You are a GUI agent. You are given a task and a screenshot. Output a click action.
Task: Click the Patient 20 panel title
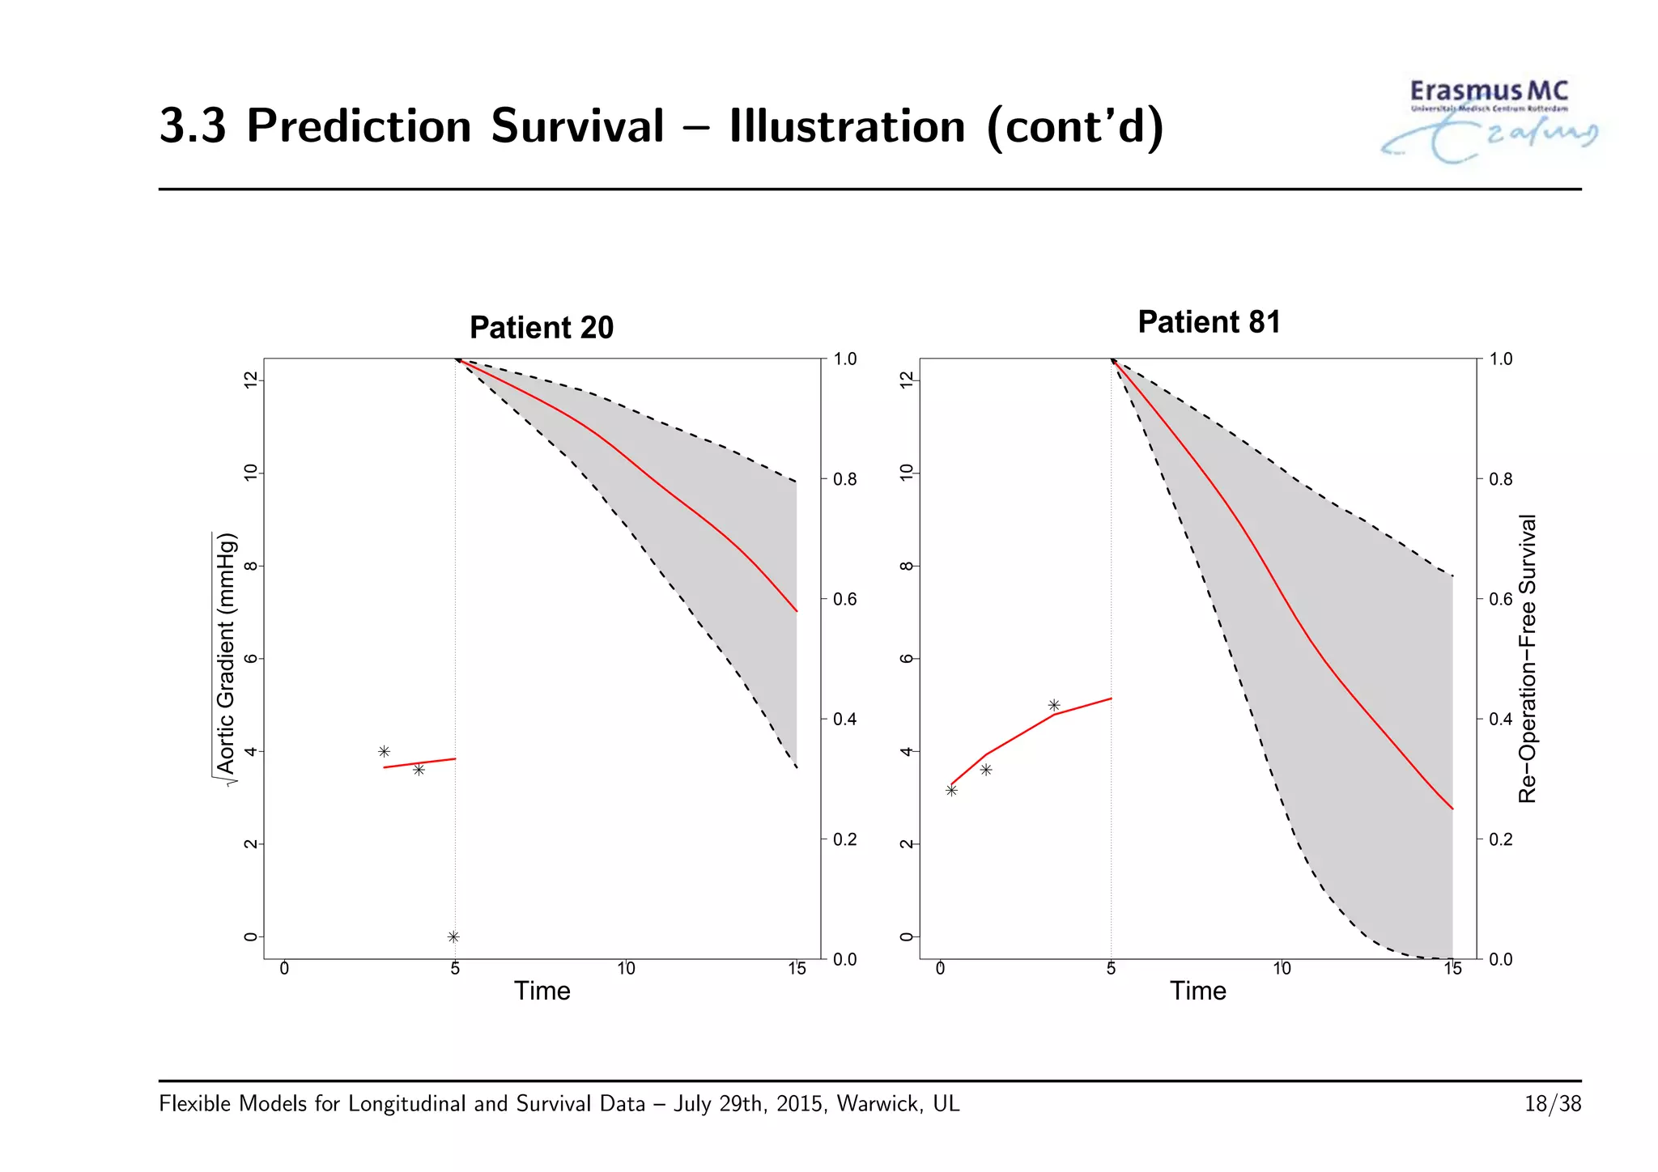(541, 328)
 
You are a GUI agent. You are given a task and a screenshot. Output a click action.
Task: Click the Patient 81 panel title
(1209, 322)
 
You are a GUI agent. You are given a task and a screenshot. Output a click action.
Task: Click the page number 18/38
(1552, 1104)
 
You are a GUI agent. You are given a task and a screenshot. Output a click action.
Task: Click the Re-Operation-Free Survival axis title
(1527, 657)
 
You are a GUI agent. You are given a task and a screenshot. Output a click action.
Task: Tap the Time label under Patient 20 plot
(542, 991)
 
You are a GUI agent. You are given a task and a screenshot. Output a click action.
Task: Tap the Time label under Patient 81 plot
(1197, 991)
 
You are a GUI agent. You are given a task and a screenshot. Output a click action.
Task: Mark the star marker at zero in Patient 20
(453, 936)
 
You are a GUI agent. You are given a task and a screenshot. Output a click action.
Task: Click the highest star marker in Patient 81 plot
(1054, 705)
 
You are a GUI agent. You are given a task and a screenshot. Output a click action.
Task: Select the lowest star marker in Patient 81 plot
(951, 790)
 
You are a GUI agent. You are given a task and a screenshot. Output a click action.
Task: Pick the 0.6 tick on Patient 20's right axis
(844, 599)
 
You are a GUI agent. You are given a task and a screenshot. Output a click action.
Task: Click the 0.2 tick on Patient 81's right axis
(1500, 839)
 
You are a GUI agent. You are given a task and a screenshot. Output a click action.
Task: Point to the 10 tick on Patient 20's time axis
(626, 969)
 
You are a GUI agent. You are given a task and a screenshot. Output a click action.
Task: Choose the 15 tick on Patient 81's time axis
(1452, 969)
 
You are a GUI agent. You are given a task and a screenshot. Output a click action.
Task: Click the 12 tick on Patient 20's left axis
(251, 379)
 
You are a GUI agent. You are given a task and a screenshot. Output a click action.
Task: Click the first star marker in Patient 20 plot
(384, 751)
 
